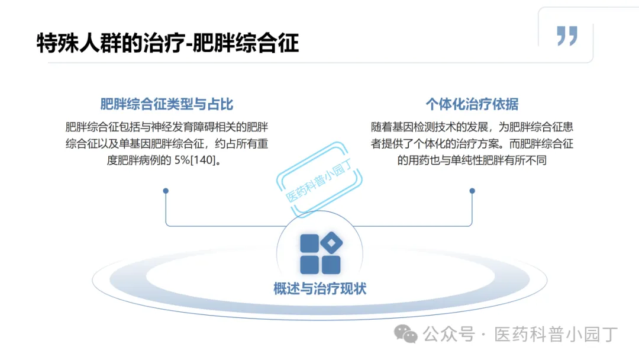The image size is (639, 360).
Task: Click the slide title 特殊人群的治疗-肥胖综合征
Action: click(167, 43)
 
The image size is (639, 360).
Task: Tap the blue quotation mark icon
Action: click(567, 36)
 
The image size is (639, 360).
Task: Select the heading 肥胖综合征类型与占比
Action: click(167, 105)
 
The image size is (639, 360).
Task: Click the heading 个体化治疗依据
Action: click(472, 105)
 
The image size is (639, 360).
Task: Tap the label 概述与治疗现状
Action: click(319, 288)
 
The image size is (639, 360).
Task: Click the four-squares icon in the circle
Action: click(320, 254)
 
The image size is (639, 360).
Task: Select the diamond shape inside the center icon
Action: click(331, 243)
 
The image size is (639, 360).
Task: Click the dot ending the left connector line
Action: click(166, 191)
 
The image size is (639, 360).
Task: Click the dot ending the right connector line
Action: click(472, 191)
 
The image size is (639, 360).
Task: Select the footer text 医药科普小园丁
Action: click(556, 335)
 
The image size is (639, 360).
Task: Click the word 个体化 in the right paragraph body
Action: click(457, 143)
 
